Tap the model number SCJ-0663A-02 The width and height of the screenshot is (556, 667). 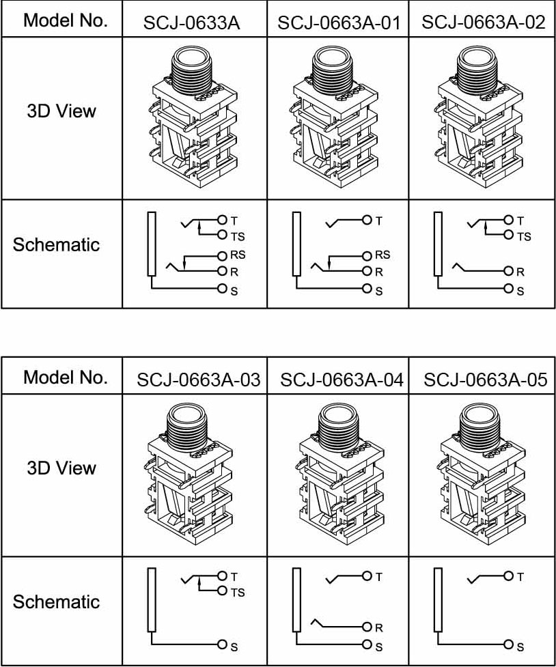click(x=483, y=23)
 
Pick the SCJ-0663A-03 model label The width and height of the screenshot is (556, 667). click(x=198, y=380)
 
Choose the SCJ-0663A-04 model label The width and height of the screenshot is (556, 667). click(x=342, y=380)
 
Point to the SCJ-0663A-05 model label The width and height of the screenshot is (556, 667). click(x=485, y=380)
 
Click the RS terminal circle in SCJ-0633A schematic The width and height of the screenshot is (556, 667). click(x=221, y=256)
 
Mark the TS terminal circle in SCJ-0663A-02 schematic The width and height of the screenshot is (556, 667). click(x=508, y=236)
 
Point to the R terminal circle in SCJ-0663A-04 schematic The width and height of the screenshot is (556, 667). click(x=367, y=627)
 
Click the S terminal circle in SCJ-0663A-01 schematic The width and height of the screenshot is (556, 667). click(x=367, y=289)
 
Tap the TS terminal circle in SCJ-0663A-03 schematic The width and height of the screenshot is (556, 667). click(x=222, y=591)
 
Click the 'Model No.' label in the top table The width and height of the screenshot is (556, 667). click(x=66, y=20)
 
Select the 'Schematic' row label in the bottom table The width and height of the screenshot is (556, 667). click(x=56, y=601)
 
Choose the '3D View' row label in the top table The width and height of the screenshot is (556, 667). click(x=61, y=111)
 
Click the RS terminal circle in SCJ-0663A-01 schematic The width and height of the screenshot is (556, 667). click(x=367, y=256)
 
